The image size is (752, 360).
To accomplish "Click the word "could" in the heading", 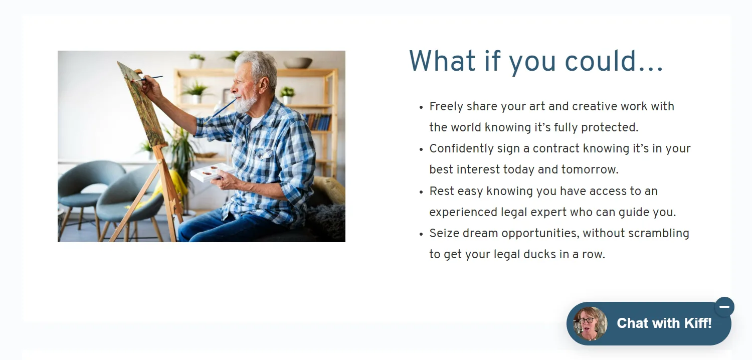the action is pos(601,61).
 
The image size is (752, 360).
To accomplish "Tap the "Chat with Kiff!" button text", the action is pos(664,323).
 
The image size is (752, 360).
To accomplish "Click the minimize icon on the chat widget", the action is pos(724,307).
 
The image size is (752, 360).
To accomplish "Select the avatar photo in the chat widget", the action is pos(590,324).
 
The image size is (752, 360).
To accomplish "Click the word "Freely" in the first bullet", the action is pos(446,106).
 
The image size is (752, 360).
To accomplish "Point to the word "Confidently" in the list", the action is pos(461,148).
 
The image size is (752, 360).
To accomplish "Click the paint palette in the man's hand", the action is pos(212,172).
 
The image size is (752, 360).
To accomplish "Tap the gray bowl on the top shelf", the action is pos(298,63).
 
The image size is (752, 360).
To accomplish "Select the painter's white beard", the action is pos(246,102).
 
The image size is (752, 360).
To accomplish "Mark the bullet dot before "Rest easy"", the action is pos(421,192).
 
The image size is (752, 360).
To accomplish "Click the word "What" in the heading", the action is pos(442,61).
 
